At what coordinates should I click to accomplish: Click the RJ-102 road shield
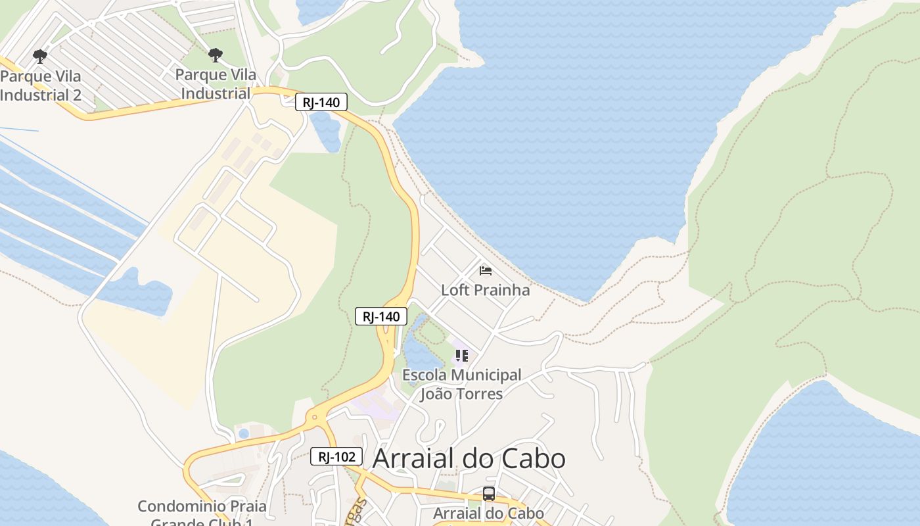[336, 456]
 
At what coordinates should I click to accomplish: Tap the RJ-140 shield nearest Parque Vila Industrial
[321, 102]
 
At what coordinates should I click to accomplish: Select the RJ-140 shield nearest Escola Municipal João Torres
[381, 316]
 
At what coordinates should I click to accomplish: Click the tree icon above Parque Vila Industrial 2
[40, 56]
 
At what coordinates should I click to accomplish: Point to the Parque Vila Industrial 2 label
[41, 85]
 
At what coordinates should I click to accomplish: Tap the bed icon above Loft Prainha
[486, 270]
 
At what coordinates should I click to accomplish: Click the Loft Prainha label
[485, 290]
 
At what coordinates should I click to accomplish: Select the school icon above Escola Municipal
[462, 356]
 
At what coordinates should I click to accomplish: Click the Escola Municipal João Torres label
[461, 385]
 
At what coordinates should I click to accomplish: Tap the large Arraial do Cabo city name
[469, 458]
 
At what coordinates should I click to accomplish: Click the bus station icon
[488, 494]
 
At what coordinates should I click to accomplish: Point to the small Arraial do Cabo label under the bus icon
[488, 514]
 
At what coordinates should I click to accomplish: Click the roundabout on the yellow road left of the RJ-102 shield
[315, 416]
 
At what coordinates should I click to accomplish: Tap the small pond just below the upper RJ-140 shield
[327, 130]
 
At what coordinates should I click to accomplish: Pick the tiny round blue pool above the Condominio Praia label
[244, 433]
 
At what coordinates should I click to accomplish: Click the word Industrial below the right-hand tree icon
[216, 93]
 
